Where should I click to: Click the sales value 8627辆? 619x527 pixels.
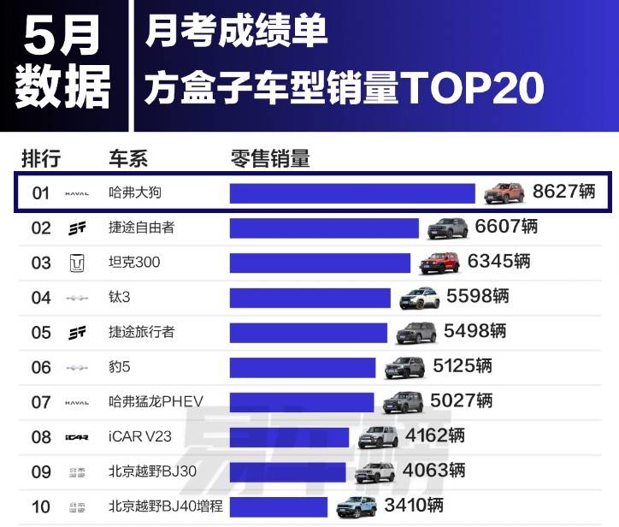(563, 192)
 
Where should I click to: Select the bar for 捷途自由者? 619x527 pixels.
(324, 228)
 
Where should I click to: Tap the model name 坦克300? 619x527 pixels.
(135, 263)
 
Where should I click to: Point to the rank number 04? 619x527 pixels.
(41, 298)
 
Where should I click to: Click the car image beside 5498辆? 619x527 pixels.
(416, 332)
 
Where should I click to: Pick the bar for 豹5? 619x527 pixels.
(303, 367)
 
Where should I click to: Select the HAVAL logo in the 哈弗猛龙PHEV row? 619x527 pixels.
(77, 402)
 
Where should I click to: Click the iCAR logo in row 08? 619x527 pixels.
(77, 437)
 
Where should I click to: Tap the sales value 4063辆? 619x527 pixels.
(433, 470)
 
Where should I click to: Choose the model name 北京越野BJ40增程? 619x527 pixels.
(166, 506)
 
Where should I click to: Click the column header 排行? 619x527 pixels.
(41, 158)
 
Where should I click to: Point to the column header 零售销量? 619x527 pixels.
(270, 158)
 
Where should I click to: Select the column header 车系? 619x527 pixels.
(128, 158)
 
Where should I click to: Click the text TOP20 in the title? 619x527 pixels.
(472, 89)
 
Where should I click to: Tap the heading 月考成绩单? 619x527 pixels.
(237, 33)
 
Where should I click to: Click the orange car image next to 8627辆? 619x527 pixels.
(504, 192)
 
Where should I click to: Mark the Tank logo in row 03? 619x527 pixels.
(77, 263)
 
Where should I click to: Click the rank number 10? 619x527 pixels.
(41, 506)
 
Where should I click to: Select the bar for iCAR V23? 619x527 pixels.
(289, 437)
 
